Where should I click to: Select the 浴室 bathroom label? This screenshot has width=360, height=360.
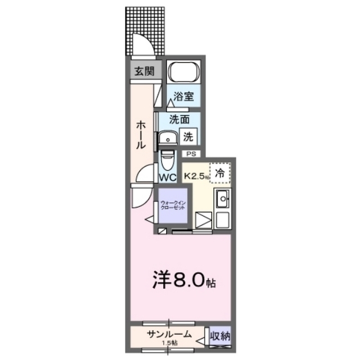[183, 96]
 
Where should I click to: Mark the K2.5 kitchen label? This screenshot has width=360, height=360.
[196, 174]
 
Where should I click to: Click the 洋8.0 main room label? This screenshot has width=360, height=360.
[181, 280]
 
